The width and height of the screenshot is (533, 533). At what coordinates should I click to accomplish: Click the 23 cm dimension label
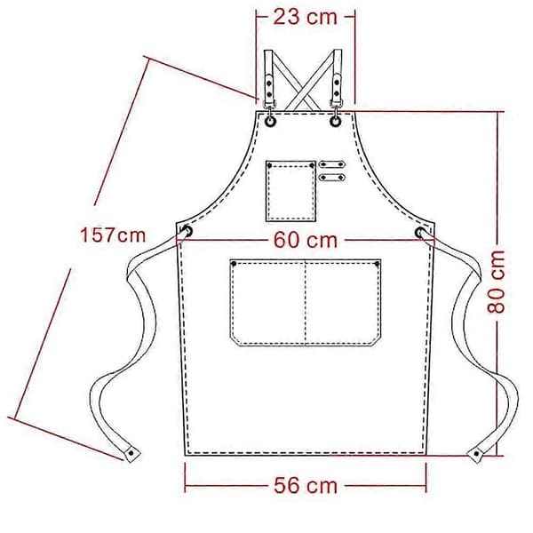305,17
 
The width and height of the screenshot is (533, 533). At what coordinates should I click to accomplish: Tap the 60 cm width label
306,240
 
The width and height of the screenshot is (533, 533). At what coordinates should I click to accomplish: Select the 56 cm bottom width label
306,485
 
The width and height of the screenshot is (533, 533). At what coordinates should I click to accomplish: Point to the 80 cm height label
496,282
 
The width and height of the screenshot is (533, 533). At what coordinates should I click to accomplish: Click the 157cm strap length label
113,235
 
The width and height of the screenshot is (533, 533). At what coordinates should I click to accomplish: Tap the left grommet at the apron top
270,121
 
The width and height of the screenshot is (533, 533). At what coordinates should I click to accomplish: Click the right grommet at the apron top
336,121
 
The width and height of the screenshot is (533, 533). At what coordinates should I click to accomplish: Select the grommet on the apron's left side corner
187,232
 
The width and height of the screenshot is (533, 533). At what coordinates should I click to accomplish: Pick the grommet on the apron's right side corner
420,232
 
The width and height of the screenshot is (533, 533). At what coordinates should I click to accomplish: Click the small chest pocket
291,191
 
